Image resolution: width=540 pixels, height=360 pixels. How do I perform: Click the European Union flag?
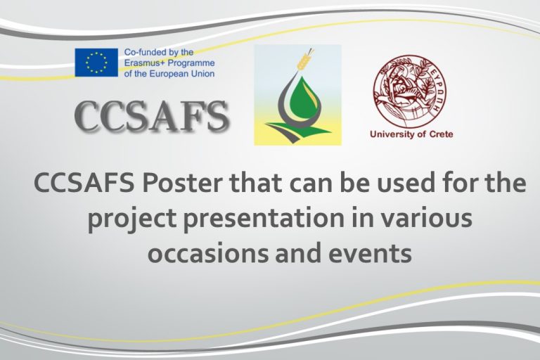96,63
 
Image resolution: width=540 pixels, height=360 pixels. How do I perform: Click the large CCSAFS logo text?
152,117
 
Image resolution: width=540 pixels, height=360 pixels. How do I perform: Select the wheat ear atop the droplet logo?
305,60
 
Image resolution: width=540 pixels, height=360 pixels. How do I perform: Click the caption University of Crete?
411,134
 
